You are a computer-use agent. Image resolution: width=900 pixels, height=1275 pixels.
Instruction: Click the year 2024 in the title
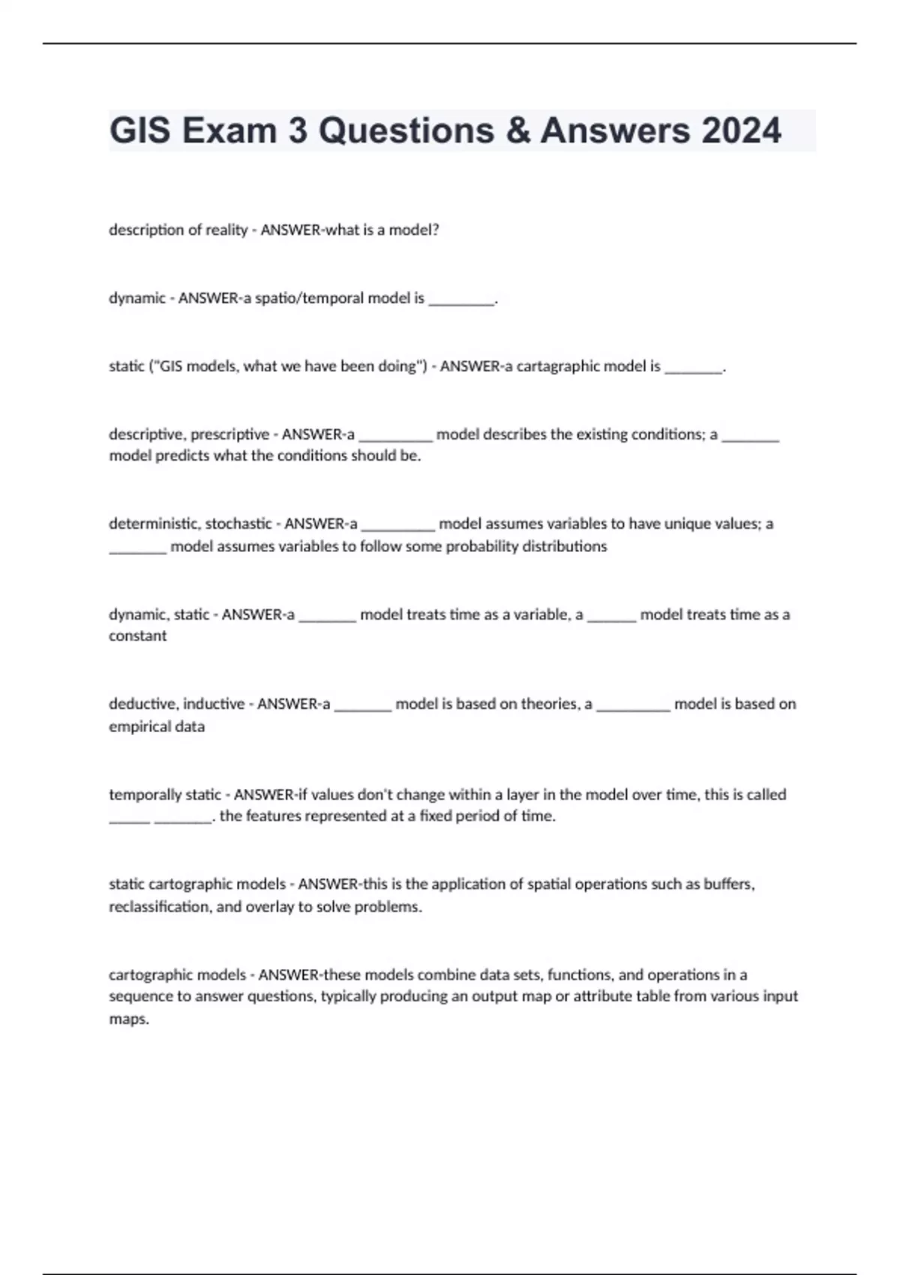tap(741, 130)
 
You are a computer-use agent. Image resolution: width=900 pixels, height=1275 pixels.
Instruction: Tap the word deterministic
tap(154, 523)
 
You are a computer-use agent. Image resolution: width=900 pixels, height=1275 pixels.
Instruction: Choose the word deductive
tap(142, 703)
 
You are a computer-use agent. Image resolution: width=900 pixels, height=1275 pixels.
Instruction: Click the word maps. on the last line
tap(129, 1019)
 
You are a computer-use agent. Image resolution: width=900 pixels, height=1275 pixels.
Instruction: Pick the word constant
tap(138, 636)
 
